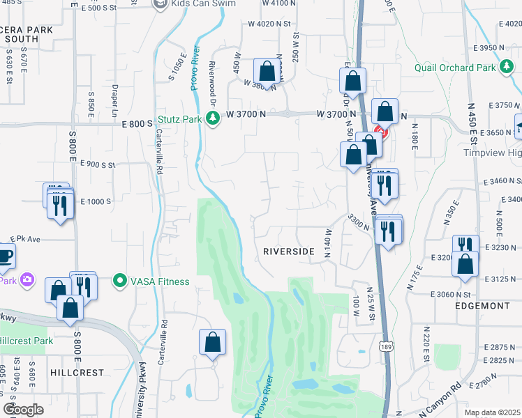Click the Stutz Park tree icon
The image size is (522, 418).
[214, 120]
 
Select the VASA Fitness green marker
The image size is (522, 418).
[120, 281]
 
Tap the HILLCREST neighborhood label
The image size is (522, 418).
[77, 373]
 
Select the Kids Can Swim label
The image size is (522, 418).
[199, 4]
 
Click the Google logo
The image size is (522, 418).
[23, 410]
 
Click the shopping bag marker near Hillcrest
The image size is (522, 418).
[213, 342]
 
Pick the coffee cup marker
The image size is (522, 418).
[4, 256]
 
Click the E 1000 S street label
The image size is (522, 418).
[96, 201]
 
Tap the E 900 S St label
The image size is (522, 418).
[97, 165]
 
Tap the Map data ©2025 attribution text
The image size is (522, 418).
[492, 412]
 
